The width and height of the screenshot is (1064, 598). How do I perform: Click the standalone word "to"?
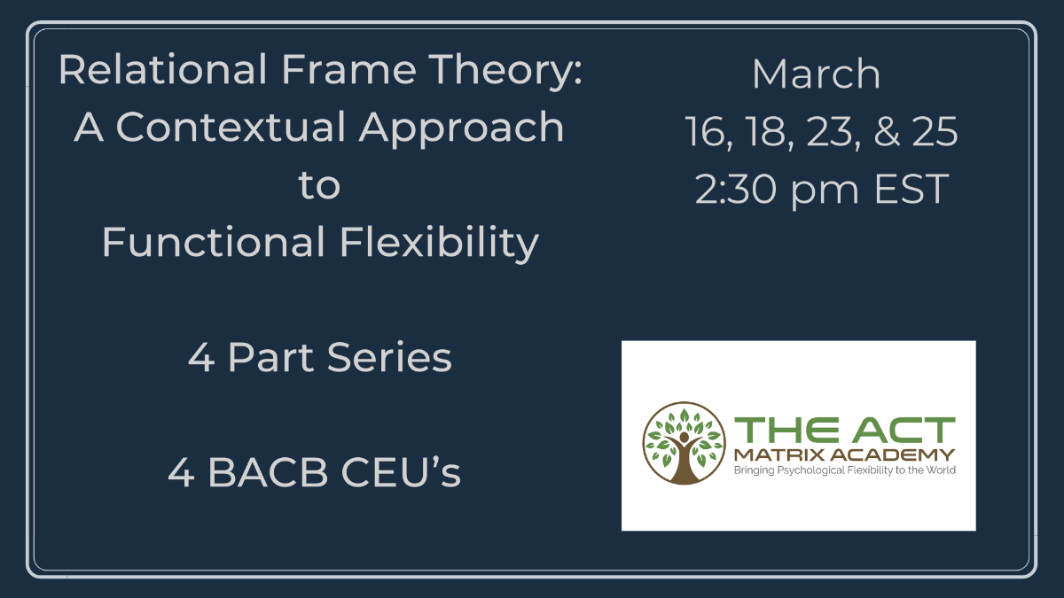point(319,186)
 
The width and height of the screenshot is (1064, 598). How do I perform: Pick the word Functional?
point(213,242)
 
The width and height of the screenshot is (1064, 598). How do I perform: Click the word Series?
point(389,357)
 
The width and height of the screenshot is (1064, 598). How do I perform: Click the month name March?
point(817,74)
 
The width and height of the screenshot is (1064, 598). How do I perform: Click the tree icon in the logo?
point(684,444)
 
